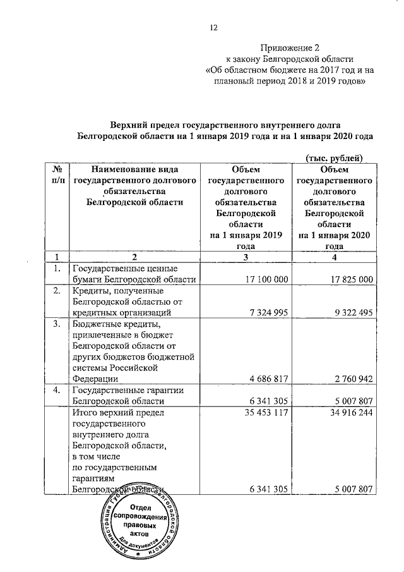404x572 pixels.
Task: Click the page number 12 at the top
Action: point(213,27)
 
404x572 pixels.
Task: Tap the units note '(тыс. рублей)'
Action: point(334,157)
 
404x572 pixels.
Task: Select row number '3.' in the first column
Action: point(56,324)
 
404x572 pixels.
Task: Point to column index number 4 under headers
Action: point(335,257)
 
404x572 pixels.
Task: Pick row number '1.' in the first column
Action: point(56,269)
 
